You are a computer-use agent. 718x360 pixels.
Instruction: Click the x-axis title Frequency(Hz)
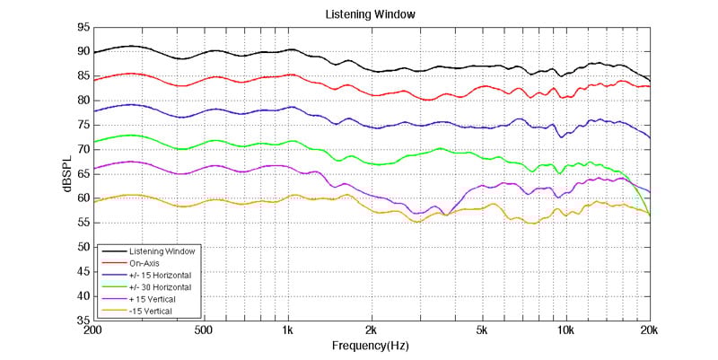(371, 346)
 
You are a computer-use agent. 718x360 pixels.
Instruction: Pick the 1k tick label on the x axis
(287, 330)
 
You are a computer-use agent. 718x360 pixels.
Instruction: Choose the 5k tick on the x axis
(482, 330)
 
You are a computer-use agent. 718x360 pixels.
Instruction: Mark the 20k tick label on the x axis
(649, 330)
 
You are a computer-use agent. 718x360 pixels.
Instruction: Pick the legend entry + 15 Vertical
(152, 299)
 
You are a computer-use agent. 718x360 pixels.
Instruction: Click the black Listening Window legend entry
(161, 250)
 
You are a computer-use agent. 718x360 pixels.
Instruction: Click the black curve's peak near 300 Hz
(132, 46)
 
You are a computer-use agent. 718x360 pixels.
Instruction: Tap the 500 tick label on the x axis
(205, 330)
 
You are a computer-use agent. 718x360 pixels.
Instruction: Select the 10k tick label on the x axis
(565, 330)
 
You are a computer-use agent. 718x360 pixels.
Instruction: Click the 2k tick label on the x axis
(371, 330)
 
